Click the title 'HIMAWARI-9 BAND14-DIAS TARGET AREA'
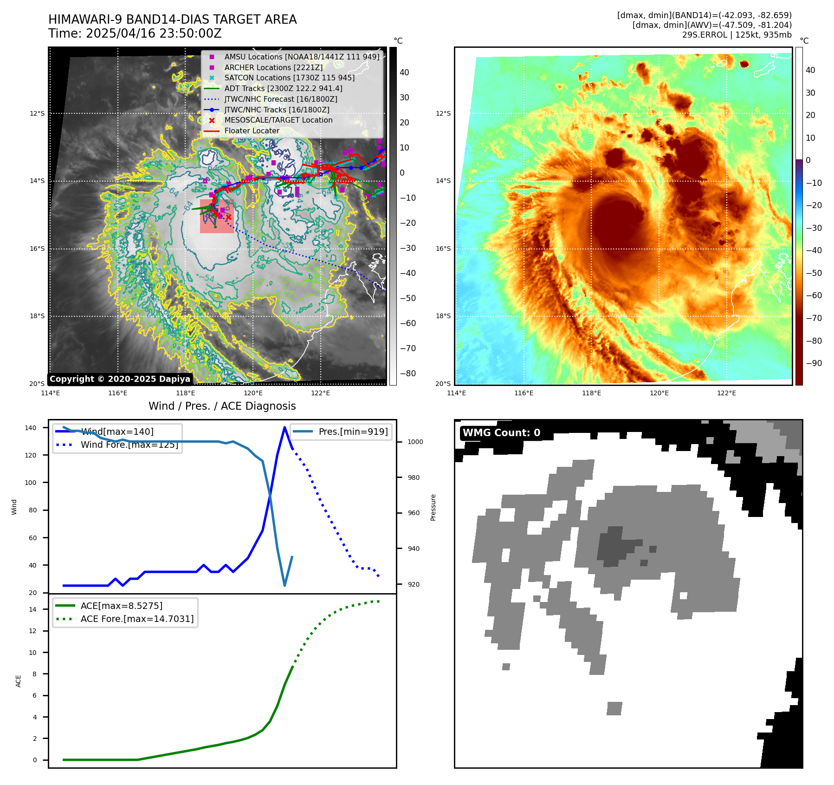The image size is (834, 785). click(172, 20)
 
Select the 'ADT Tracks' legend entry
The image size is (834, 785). click(283, 88)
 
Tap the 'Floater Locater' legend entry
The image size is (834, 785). click(252, 131)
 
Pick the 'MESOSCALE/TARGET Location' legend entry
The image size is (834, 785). click(278, 120)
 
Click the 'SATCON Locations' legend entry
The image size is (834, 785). click(289, 78)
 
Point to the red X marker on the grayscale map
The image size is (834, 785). click(228, 217)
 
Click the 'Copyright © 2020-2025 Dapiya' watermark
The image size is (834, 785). click(120, 379)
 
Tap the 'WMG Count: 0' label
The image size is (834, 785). click(501, 433)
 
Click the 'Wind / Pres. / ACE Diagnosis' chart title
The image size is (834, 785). click(222, 406)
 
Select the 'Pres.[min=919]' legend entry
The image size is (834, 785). click(353, 432)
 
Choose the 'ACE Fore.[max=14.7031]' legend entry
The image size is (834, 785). click(137, 619)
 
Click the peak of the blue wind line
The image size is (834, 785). click(284, 427)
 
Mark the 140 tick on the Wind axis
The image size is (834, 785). click(31, 428)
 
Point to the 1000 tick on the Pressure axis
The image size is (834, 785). click(415, 442)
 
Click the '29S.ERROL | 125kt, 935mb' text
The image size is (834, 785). click(737, 35)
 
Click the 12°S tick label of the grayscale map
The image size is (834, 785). click(38, 114)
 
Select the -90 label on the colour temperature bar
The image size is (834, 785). click(814, 363)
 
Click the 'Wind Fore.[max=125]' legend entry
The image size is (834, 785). click(129, 445)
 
